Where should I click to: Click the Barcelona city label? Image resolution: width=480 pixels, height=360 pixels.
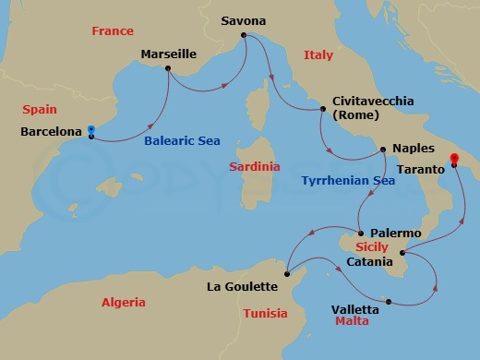click(51, 132)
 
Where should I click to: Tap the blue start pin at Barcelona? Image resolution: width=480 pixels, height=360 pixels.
click(90, 131)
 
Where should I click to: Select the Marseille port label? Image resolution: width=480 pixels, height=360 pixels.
click(169, 54)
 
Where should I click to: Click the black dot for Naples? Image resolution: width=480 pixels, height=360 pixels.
click(383, 149)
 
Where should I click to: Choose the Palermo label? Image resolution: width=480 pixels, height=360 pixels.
click(395, 234)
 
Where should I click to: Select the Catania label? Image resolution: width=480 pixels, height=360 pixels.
click(374, 261)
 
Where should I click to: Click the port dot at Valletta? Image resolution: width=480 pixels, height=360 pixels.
click(389, 301)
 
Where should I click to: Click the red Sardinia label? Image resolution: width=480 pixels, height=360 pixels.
click(255, 167)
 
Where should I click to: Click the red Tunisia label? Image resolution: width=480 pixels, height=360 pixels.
click(266, 313)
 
